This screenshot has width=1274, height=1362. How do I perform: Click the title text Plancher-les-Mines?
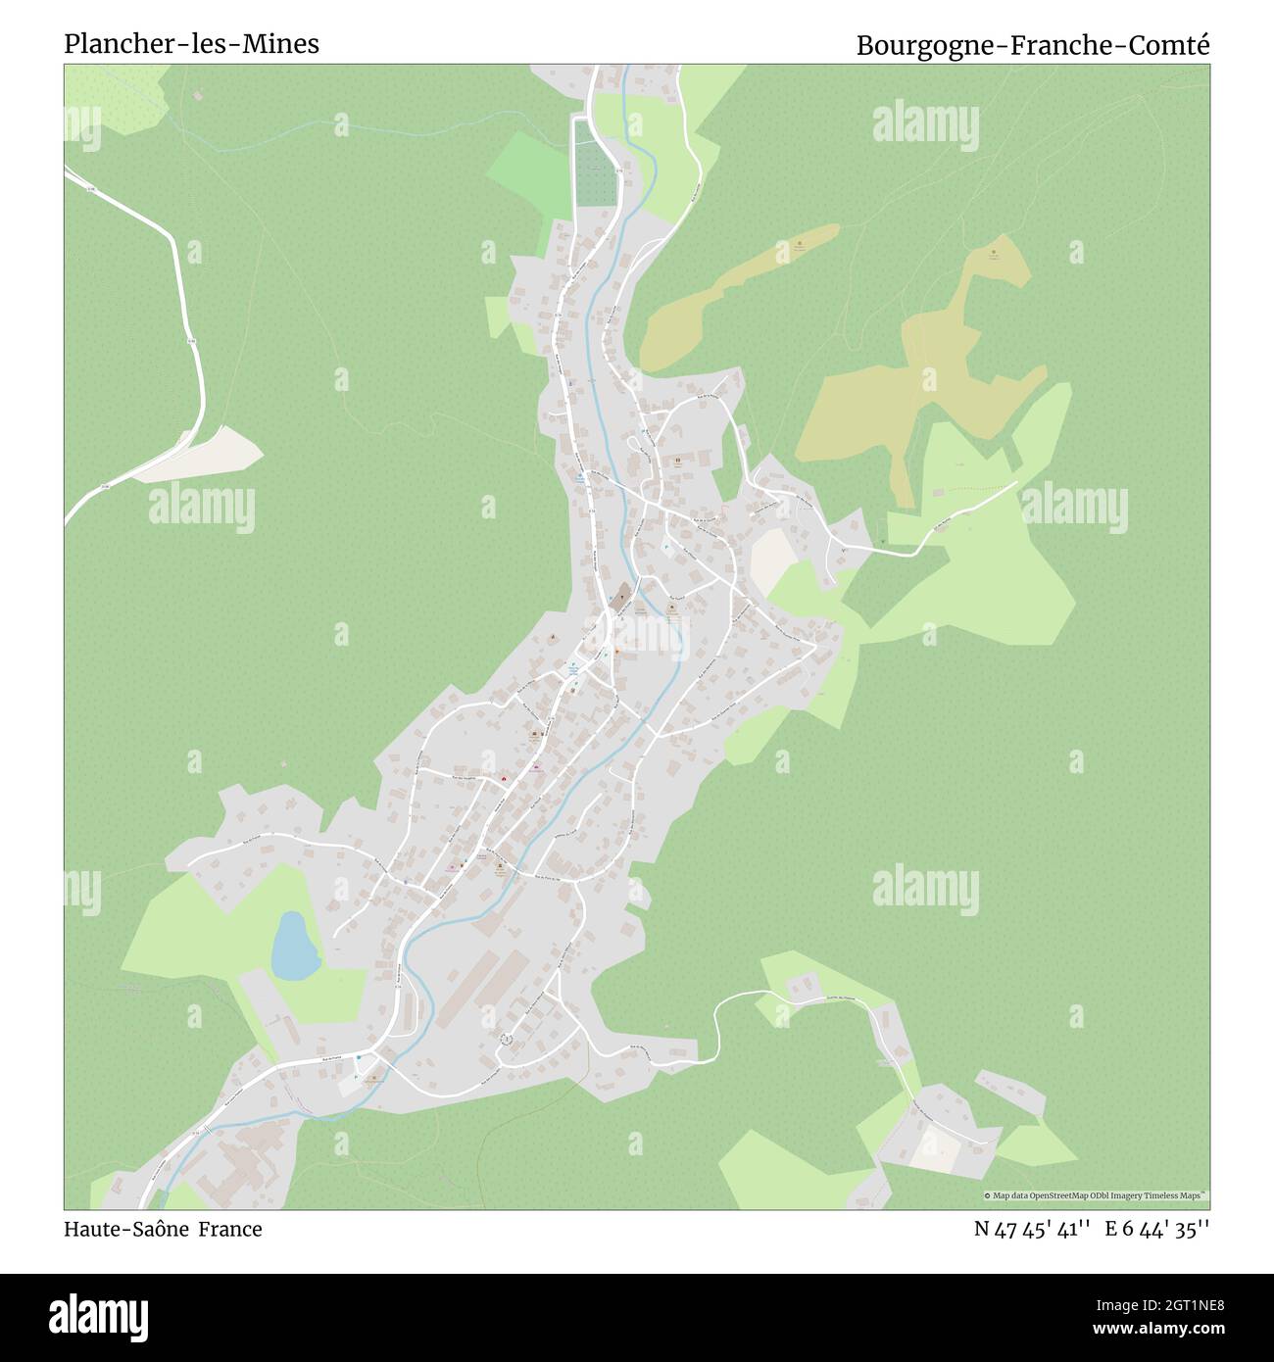click(x=191, y=44)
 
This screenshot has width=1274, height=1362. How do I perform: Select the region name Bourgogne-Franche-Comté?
click(x=1033, y=45)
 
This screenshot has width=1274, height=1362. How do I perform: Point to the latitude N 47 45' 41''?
click(x=1033, y=1229)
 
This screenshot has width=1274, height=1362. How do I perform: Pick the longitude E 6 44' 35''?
click(x=1157, y=1229)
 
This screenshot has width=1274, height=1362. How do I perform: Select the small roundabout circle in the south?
click(x=507, y=1040)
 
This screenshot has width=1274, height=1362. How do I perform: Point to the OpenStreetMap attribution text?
click(x=1096, y=1195)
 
